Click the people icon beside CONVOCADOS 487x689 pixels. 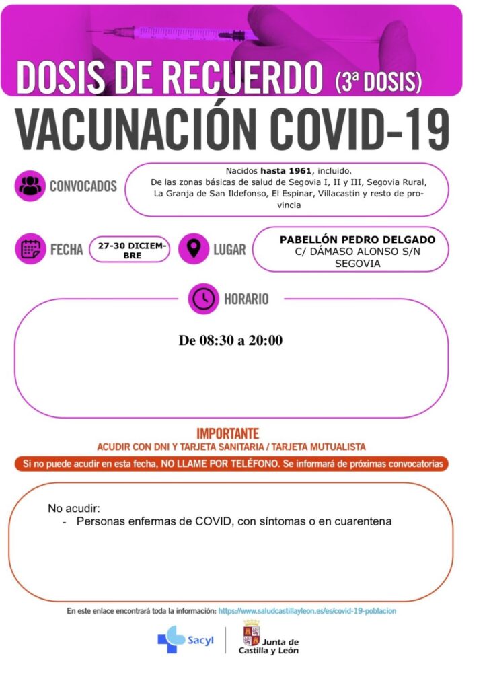[x=30, y=186]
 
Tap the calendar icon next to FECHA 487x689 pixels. [x=30, y=249]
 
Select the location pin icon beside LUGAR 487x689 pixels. [x=194, y=249]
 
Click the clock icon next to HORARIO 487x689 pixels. [x=203, y=297]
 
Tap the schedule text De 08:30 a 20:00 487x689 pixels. [x=231, y=340]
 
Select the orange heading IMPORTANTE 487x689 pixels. [x=227, y=434]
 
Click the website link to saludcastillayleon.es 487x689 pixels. [x=307, y=610]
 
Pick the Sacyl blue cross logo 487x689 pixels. [x=171, y=640]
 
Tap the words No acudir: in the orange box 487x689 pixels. [x=73, y=508]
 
